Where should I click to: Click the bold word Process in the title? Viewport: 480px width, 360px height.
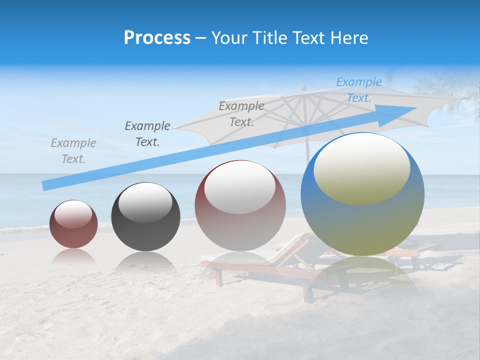tap(157, 38)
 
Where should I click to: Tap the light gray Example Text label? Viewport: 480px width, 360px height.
tap(73, 150)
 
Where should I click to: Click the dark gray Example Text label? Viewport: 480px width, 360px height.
tap(147, 133)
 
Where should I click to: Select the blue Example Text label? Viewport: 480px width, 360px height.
tap(358, 90)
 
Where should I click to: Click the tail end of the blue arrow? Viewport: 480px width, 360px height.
tap(46, 186)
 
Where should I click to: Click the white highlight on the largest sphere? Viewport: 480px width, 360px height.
tap(361, 167)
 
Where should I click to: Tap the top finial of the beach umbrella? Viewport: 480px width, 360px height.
tap(302, 88)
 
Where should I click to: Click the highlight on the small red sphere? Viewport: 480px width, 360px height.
tap(73, 214)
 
